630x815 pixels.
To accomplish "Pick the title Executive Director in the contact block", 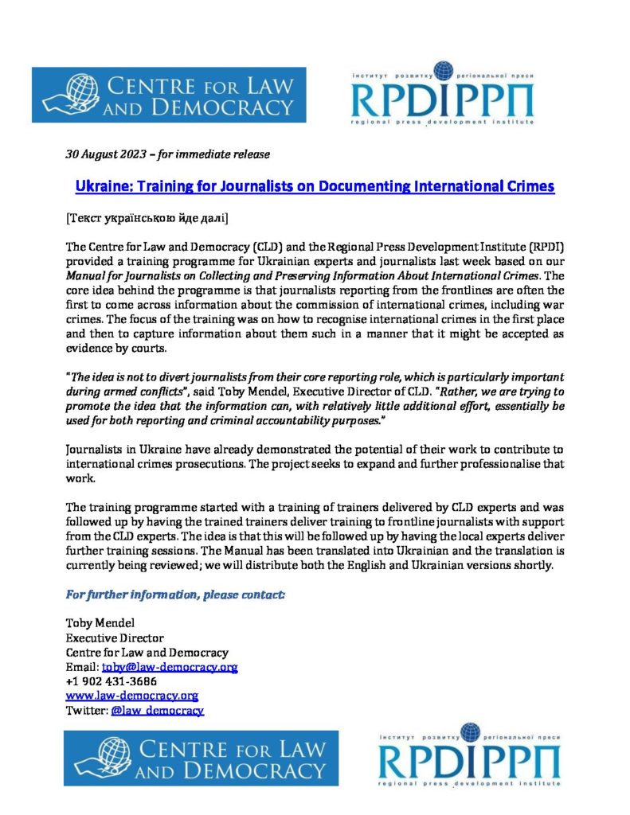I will (x=115, y=638).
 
